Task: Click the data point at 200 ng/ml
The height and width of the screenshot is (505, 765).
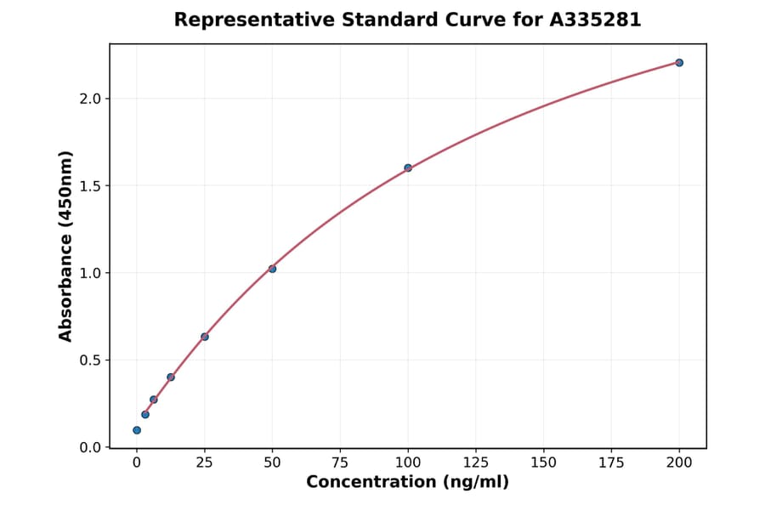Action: [x=679, y=63]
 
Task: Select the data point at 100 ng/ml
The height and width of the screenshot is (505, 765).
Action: [x=408, y=168]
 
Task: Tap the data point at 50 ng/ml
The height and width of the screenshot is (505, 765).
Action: [x=272, y=269]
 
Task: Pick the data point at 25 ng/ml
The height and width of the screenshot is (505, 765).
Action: [x=205, y=337]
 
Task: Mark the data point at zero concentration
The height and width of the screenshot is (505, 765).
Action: [x=137, y=430]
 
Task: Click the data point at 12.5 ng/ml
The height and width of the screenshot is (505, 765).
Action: [x=171, y=377]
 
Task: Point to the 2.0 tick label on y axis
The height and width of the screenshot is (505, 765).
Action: [x=90, y=99]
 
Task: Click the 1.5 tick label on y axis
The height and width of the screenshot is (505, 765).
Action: [x=90, y=186]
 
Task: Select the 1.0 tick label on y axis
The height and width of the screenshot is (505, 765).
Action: [x=90, y=273]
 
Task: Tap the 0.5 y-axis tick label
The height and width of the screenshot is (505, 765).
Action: [x=90, y=360]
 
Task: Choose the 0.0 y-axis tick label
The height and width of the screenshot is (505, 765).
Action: [x=90, y=447]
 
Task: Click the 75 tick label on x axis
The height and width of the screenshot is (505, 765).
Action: [x=340, y=463]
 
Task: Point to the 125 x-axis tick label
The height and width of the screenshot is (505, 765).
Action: [x=476, y=463]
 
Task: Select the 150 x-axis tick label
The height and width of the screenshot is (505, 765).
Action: [x=544, y=463]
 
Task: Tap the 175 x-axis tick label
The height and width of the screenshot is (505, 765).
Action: [x=611, y=463]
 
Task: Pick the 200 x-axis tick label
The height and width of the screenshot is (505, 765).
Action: [x=679, y=463]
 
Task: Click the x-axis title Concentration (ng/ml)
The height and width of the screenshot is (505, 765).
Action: [x=407, y=483]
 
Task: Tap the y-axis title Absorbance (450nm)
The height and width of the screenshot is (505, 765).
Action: [x=65, y=246]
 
